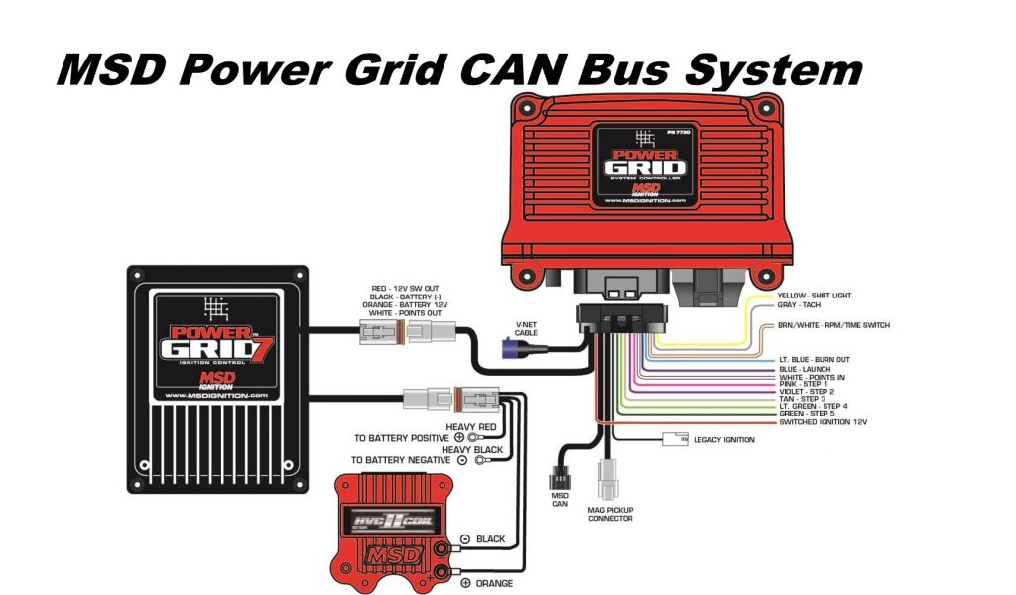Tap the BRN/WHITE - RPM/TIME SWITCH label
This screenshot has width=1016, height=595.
[x=833, y=325]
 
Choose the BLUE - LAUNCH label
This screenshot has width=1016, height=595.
[x=804, y=369]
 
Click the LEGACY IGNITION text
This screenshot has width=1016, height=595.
[x=725, y=440]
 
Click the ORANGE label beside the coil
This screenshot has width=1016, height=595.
[x=493, y=583]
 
